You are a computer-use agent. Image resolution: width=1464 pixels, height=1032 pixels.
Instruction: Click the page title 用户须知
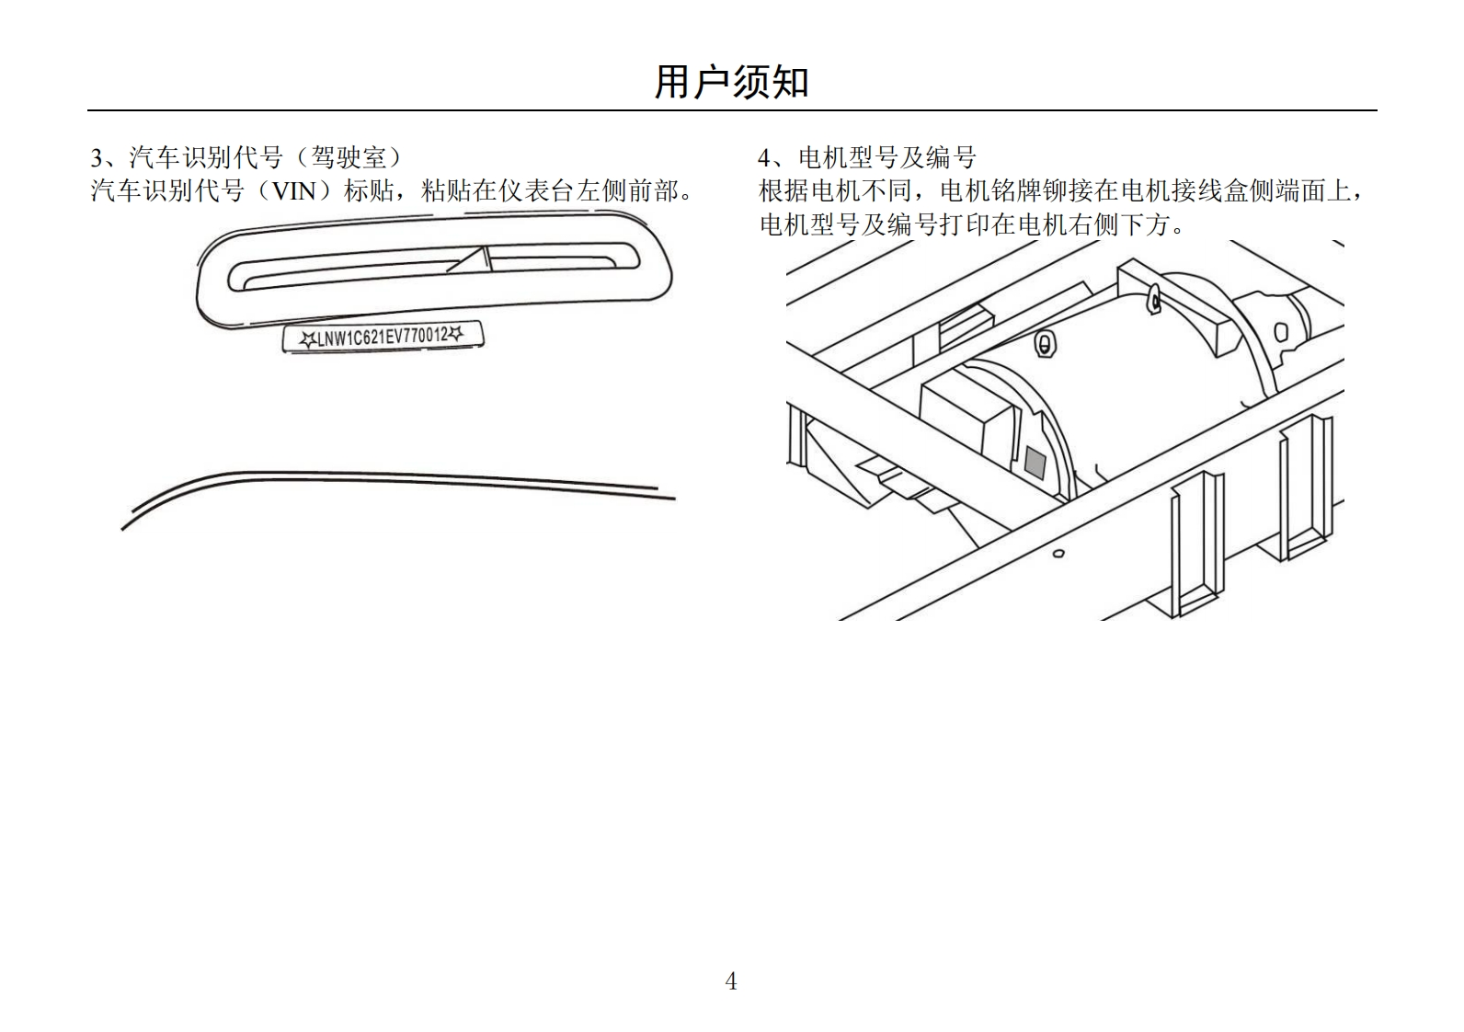coord(731,83)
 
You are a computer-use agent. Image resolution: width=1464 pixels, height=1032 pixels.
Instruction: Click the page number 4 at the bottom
coord(731,981)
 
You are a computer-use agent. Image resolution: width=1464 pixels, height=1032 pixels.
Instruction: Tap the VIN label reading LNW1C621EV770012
coord(383,338)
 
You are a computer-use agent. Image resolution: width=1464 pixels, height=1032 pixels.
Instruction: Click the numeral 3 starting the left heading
coord(97,158)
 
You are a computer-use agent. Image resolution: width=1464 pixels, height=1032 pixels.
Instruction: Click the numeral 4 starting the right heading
coord(764,158)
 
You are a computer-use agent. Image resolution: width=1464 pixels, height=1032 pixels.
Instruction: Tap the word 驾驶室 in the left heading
coord(349,158)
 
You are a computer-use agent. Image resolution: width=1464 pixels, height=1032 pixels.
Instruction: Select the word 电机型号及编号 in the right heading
coord(886,158)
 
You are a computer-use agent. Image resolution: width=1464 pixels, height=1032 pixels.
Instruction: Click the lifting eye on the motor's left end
coord(1044,344)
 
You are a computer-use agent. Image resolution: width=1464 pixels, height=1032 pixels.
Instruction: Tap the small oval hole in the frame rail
coord(1058,554)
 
